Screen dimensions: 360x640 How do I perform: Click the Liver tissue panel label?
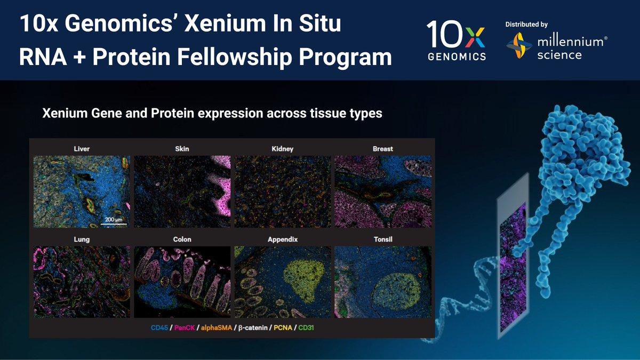[x=82, y=149]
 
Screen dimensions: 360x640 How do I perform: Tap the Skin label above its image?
[x=181, y=149]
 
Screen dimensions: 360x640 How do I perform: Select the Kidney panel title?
[x=282, y=149]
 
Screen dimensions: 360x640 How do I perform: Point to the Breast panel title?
[x=382, y=149]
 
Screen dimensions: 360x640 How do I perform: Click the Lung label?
[x=82, y=239]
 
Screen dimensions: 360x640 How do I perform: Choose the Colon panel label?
[x=182, y=239]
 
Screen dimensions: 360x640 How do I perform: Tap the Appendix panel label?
[x=282, y=239]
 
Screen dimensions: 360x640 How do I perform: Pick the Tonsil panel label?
[x=382, y=239]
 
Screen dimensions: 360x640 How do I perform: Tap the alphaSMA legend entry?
[x=215, y=327]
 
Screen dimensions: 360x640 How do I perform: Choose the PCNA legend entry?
[x=283, y=327]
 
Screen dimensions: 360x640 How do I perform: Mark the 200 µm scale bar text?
[x=114, y=220]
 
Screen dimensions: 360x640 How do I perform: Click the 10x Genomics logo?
[x=456, y=41]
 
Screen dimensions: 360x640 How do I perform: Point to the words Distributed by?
[x=526, y=25]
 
